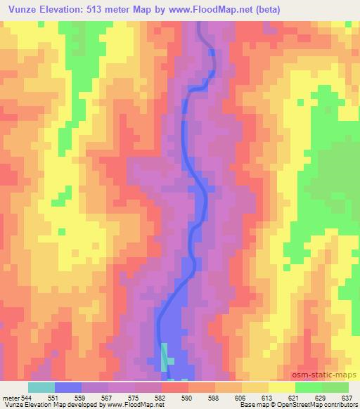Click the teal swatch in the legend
tap(41, 388)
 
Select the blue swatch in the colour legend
tap(68, 388)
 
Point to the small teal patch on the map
tap(164, 356)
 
